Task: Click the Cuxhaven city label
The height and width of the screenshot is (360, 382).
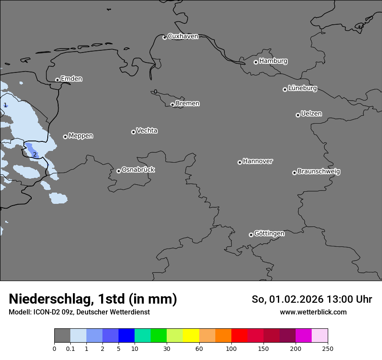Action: [x=183, y=36]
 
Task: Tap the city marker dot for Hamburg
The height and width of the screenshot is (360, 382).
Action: [x=256, y=62]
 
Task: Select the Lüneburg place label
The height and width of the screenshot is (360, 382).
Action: [x=302, y=88]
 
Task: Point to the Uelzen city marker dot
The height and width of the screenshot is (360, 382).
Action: [x=298, y=115]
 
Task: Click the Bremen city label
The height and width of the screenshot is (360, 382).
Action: [x=188, y=104]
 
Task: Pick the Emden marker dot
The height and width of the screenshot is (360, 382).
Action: [x=57, y=80]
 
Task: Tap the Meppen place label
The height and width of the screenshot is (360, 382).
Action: [x=81, y=136]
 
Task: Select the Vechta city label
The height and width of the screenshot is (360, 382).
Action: [x=147, y=131]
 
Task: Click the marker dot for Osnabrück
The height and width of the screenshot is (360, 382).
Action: [x=119, y=171]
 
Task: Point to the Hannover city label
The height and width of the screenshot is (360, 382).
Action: [x=257, y=161]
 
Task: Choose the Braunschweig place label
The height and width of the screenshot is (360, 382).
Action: [x=319, y=172]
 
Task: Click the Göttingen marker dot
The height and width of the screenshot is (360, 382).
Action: [x=251, y=235]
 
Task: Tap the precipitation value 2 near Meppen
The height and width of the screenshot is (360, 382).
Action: [x=35, y=155]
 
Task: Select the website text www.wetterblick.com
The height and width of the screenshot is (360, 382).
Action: [x=313, y=312]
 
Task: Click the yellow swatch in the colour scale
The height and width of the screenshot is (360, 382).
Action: [x=191, y=336]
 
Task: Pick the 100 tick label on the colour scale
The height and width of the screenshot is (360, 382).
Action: [x=231, y=348]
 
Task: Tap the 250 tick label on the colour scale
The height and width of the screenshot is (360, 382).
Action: [x=328, y=348]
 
